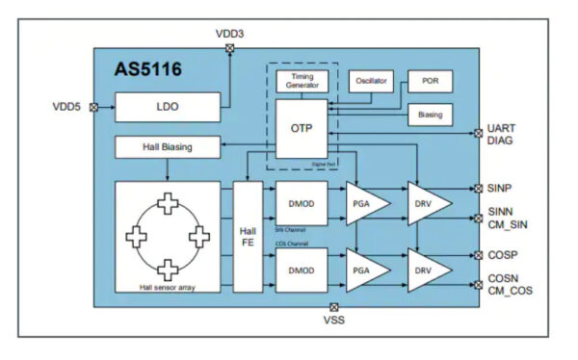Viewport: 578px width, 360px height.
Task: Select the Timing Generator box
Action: coord(302,82)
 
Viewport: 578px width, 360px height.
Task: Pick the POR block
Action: coord(430,81)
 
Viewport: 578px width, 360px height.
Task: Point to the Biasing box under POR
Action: coord(430,115)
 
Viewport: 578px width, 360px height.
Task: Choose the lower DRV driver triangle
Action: coord(426,270)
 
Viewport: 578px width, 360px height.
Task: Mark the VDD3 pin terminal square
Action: coord(228,47)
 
